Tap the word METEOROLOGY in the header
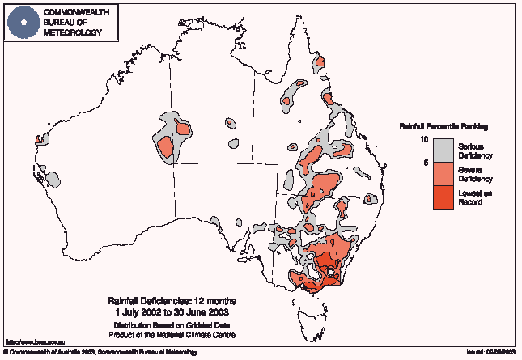tap(73, 32)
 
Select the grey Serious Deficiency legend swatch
tap(442, 150)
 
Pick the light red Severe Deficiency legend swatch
tap(442, 174)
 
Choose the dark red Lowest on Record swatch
tap(442, 197)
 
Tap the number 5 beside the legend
tap(425, 163)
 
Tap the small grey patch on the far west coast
tap(40, 139)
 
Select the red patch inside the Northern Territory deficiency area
tap(167, 148)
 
